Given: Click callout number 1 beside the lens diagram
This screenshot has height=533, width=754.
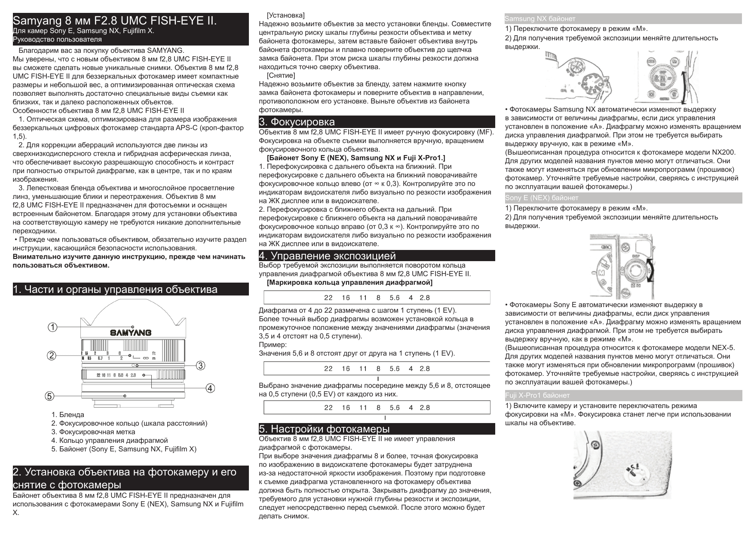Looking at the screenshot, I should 52,327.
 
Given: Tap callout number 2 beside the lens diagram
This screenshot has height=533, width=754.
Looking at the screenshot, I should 52,356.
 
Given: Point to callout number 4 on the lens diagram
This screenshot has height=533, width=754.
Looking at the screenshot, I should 210,389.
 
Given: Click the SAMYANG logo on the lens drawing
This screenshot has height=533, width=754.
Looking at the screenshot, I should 131,332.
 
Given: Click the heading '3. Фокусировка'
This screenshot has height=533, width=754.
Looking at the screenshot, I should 297,122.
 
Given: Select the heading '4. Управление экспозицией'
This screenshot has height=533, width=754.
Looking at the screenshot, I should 327,256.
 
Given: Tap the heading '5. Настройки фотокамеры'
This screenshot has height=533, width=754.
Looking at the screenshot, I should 324,429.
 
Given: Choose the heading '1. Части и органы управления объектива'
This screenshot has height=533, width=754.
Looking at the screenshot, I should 115,289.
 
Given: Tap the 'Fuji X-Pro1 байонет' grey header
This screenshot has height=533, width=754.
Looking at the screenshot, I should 537,395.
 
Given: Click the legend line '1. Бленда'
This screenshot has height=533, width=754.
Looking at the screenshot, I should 67,415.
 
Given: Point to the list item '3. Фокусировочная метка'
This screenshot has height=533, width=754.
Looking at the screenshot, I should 93,432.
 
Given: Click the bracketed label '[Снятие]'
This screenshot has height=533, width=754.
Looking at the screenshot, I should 281,76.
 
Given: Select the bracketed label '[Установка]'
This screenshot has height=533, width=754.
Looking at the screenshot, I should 285,15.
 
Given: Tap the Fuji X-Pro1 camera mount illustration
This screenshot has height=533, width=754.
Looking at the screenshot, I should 622,465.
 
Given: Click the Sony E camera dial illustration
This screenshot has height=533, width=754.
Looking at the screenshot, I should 622,266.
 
